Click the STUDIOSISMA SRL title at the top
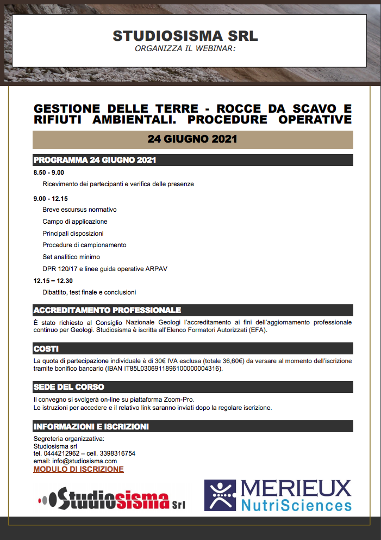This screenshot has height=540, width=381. [x=185, y=36]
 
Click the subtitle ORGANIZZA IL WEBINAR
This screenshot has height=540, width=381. [x=185, y=48]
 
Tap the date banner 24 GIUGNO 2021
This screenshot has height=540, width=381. [x=192, y=139]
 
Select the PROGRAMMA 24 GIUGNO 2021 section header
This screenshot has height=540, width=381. [x=95, y=160]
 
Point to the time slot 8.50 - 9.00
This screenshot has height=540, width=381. [x=49, y=173]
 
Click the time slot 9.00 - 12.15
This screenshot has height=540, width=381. [x=51, y=199]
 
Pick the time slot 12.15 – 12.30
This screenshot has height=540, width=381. [x=53, y=280]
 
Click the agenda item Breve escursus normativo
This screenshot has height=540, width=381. [x=79, y=210]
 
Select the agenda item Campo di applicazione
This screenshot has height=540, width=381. [x=75, y=222]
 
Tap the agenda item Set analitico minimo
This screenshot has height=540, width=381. [x=71, y=257]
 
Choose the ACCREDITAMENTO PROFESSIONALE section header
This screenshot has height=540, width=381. [x=107, y=310]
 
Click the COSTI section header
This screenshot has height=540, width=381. [x=46, y=348]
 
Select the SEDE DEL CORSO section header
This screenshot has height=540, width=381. [x=68, y=387]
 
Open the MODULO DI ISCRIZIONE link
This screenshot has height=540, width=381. [x=78, y=469]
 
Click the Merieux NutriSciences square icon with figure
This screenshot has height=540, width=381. [x=220, y=495]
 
